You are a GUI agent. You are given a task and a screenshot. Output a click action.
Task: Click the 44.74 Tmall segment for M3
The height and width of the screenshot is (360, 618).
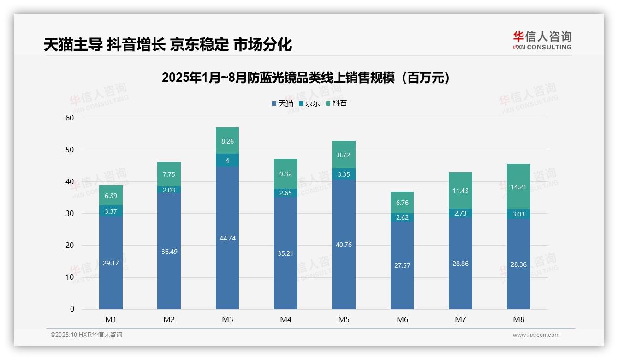coord(227,238)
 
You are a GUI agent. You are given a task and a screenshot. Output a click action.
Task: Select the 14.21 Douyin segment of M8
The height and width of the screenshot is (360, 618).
coord(518,187)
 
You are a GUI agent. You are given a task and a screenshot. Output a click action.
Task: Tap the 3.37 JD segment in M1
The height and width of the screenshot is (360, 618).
coord(111,211)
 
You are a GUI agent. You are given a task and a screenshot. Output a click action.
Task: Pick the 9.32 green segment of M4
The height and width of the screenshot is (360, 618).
coord(285,174)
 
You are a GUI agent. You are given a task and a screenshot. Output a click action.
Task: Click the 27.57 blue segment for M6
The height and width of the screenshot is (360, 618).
coord(402,265)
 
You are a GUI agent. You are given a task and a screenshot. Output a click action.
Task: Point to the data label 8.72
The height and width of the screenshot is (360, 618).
coord(344,156)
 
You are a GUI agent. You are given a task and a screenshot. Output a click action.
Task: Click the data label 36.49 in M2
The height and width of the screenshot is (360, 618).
coord(169,252)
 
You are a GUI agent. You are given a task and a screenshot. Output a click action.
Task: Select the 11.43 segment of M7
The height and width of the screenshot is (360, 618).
coord(460,191)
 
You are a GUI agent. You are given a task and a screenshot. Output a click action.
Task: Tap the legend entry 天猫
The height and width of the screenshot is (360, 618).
coord(282,103)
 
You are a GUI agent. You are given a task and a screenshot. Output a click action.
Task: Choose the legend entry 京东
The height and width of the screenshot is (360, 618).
coord(309,103)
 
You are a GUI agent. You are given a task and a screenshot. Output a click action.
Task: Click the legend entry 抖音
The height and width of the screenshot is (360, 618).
coord(336,103)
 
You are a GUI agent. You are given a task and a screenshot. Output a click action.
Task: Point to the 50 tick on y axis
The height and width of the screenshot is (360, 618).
coord(70,150)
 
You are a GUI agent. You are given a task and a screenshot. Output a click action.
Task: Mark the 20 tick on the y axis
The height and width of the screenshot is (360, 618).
coord(70,245)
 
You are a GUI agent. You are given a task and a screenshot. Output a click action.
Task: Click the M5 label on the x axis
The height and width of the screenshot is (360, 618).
coord(344,319)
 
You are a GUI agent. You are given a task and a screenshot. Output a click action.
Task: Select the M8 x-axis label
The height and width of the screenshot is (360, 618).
coord(518,319)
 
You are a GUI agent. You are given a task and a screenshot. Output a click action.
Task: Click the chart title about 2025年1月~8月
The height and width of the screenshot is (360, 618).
coord(306,78)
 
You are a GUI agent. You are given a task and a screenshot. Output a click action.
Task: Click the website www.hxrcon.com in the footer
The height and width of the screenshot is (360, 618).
coord(536,335)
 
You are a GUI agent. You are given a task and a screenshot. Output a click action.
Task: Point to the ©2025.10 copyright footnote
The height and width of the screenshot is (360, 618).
coord(86,335)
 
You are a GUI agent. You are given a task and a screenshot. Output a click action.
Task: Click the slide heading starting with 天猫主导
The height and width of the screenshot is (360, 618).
coord(168,45)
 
